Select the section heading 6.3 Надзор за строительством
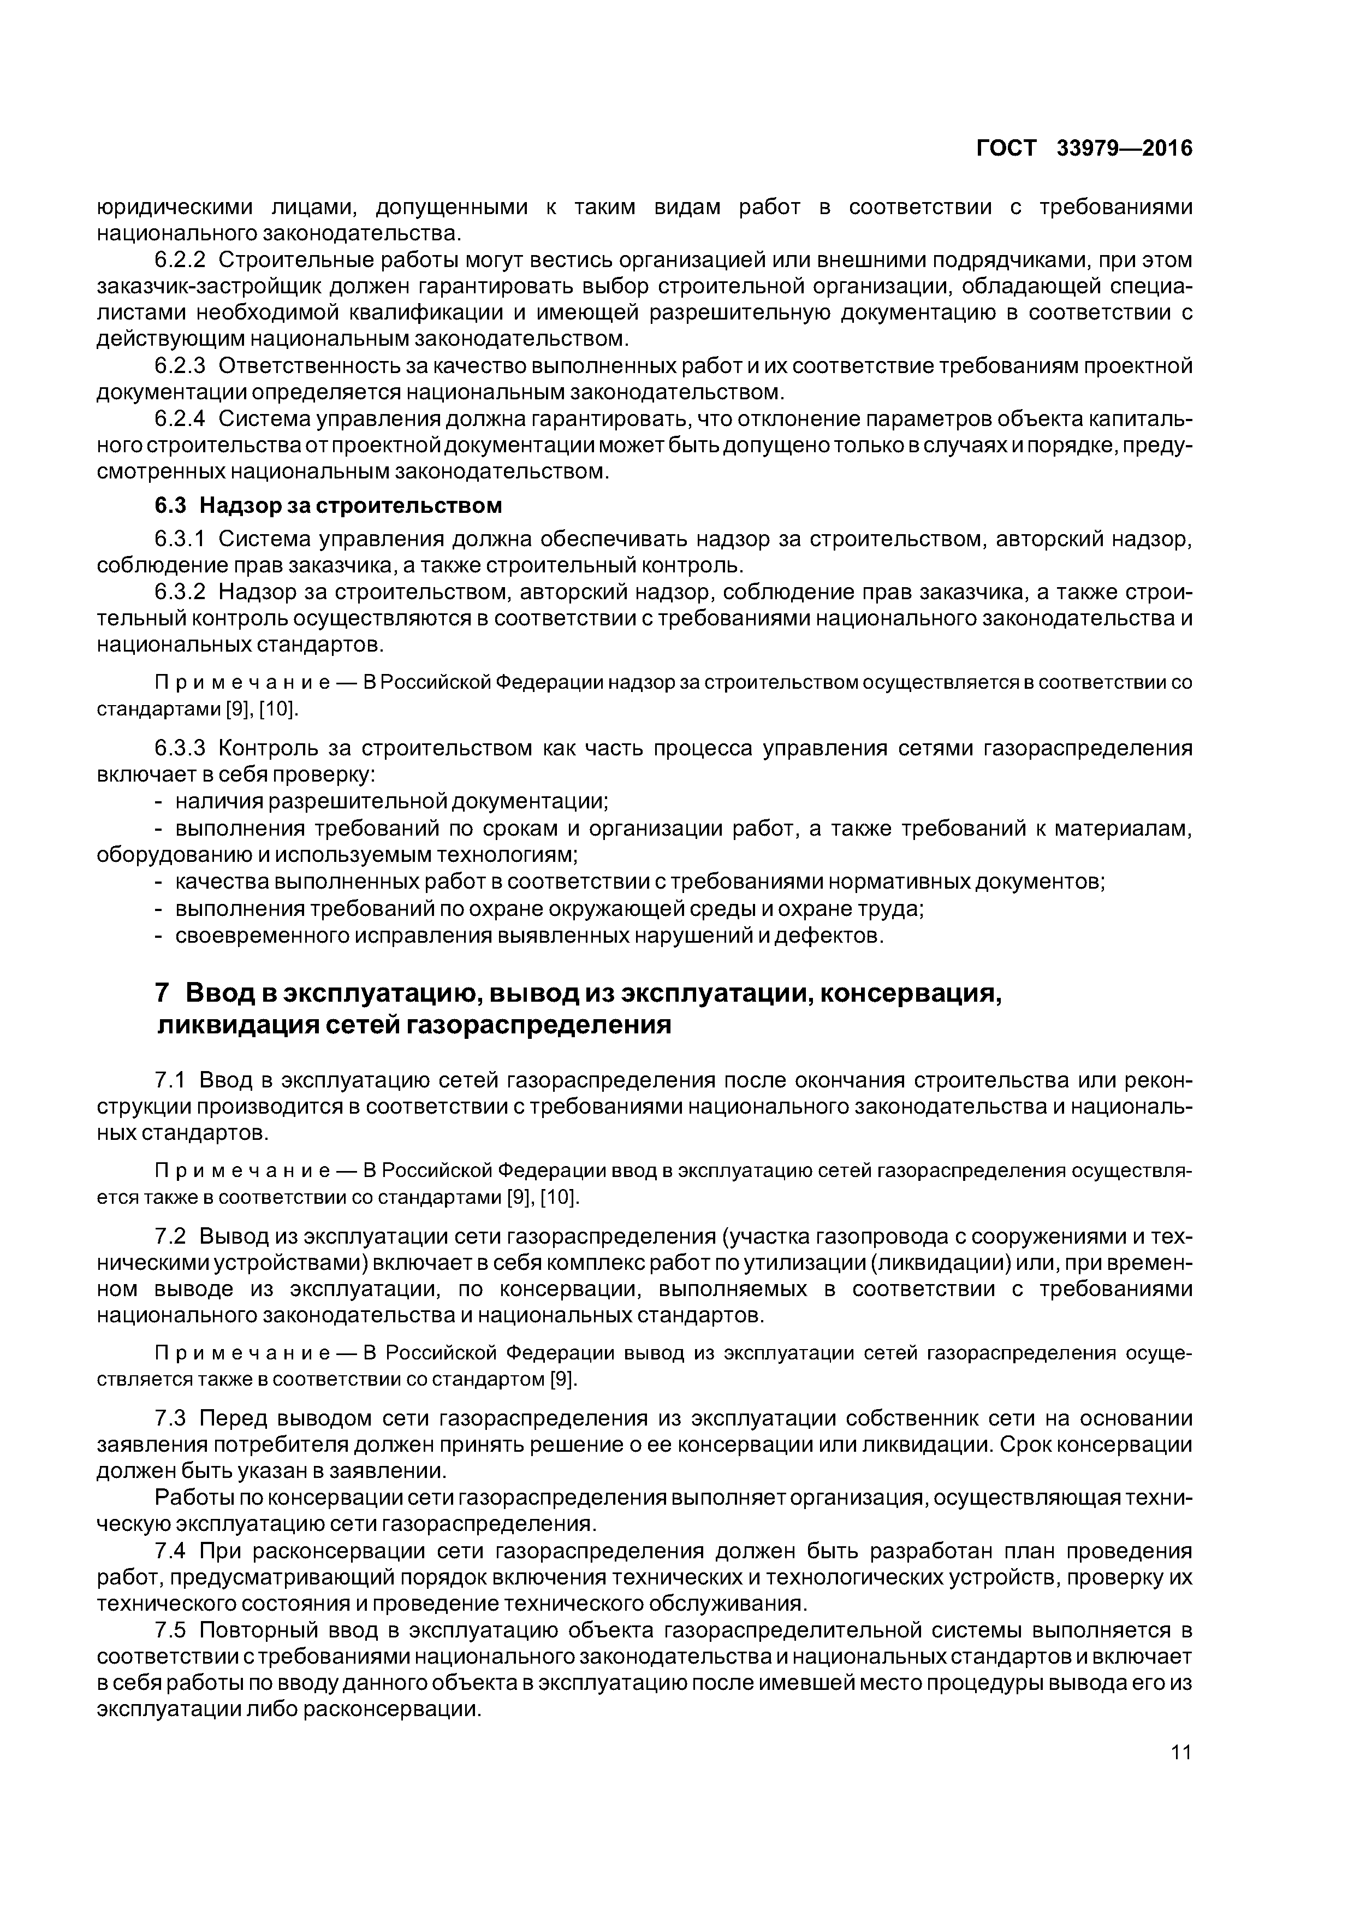tap(329, 506)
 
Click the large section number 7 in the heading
tap(163, 993)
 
